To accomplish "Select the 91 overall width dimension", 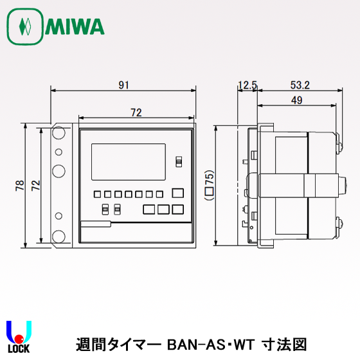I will click(122, 84).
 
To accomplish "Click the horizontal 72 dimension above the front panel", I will click(136, 113).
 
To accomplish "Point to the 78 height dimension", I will click(19, 186).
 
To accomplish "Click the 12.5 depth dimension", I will click(248, 84).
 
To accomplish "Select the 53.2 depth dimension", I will click(300, 84).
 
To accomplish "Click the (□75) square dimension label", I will click(208, 186).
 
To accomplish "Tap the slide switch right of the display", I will click(179, 161).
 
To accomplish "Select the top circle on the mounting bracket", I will click(59, 134).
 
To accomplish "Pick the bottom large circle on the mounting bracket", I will click(59, 236).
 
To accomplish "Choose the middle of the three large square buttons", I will click(163, 209).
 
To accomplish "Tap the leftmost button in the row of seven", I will click(96, 194).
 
